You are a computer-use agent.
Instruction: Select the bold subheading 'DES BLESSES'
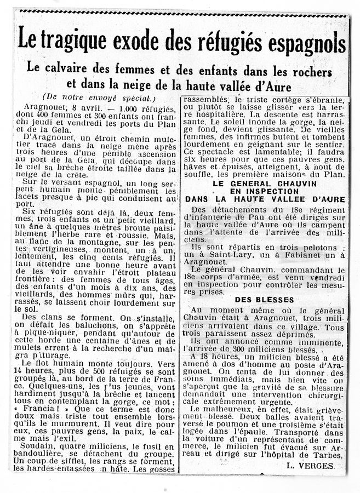pyautogui.click(x=264, y=300)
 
